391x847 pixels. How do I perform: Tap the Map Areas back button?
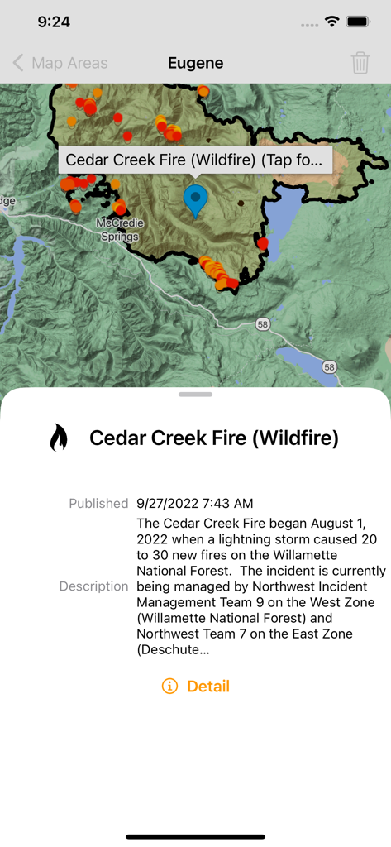tap(60, 63)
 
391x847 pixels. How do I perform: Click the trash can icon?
tap(360, 63)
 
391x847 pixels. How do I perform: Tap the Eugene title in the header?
tap(195, 63)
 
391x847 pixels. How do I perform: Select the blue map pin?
tap(195, 200)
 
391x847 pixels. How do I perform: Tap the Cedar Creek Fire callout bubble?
tap(195, 160)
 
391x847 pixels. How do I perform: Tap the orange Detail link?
tap(208, 686)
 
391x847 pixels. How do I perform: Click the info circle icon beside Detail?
tap(169, 686)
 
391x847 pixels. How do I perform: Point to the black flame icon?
tap(59, 438)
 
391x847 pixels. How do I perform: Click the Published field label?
tap(98, 503)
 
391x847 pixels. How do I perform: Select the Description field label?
tap(93, 586)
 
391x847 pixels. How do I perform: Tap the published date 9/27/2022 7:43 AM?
tap(195, 503)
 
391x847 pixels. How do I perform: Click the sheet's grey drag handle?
tap(195, 395)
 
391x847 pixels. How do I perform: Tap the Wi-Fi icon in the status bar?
tap(332, 22)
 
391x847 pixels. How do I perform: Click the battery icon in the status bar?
tap(358, 22)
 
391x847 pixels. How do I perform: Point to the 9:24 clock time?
tap(54, 22)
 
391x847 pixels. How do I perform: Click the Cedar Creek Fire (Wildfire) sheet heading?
tap(214, 438)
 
